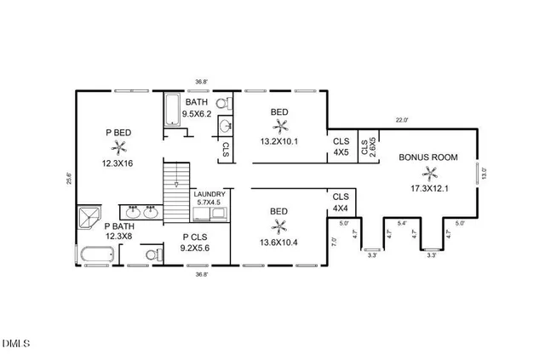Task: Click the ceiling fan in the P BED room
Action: [119, 148]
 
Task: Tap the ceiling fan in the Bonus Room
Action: [429, 174]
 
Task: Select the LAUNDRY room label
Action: [209, 194]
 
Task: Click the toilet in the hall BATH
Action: [224, 103]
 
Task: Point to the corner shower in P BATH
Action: [89, 218]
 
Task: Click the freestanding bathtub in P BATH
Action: [97, 254]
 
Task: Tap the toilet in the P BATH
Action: [154, 254]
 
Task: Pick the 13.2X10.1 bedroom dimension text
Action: [279, 141]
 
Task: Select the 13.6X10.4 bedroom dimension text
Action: [278, 243]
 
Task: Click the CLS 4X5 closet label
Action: [341, 146]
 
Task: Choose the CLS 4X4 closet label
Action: [341, 203]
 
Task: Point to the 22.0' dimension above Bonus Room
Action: [401, 120]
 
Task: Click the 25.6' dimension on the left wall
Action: [69, 178]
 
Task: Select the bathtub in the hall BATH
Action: [172, 109]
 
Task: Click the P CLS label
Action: [195, 237]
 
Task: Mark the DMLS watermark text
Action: [16, 344]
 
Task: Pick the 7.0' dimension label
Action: [334, 242]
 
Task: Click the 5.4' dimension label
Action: [402, 224]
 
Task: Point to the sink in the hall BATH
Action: [225, 125]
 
